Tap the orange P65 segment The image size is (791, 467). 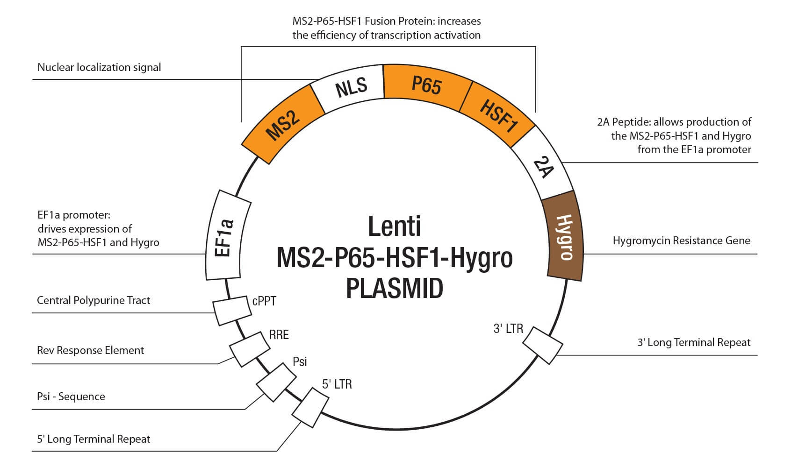coord(426,85)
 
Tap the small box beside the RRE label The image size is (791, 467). coord(250,349)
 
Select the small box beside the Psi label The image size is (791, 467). coord(274,382)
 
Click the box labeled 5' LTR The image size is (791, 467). coord(310,404)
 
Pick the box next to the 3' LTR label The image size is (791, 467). coord(542,345)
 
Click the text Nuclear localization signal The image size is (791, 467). coord(99,67)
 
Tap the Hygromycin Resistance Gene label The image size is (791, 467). coord(681,241)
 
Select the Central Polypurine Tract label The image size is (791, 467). coord(93,300)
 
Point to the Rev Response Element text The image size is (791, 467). coord(90,350)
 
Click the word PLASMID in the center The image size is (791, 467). coord(395,288)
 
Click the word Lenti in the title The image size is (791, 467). coord(395,226)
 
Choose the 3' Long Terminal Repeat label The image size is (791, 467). coord(694,342)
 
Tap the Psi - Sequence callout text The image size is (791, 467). coord(71,396)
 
